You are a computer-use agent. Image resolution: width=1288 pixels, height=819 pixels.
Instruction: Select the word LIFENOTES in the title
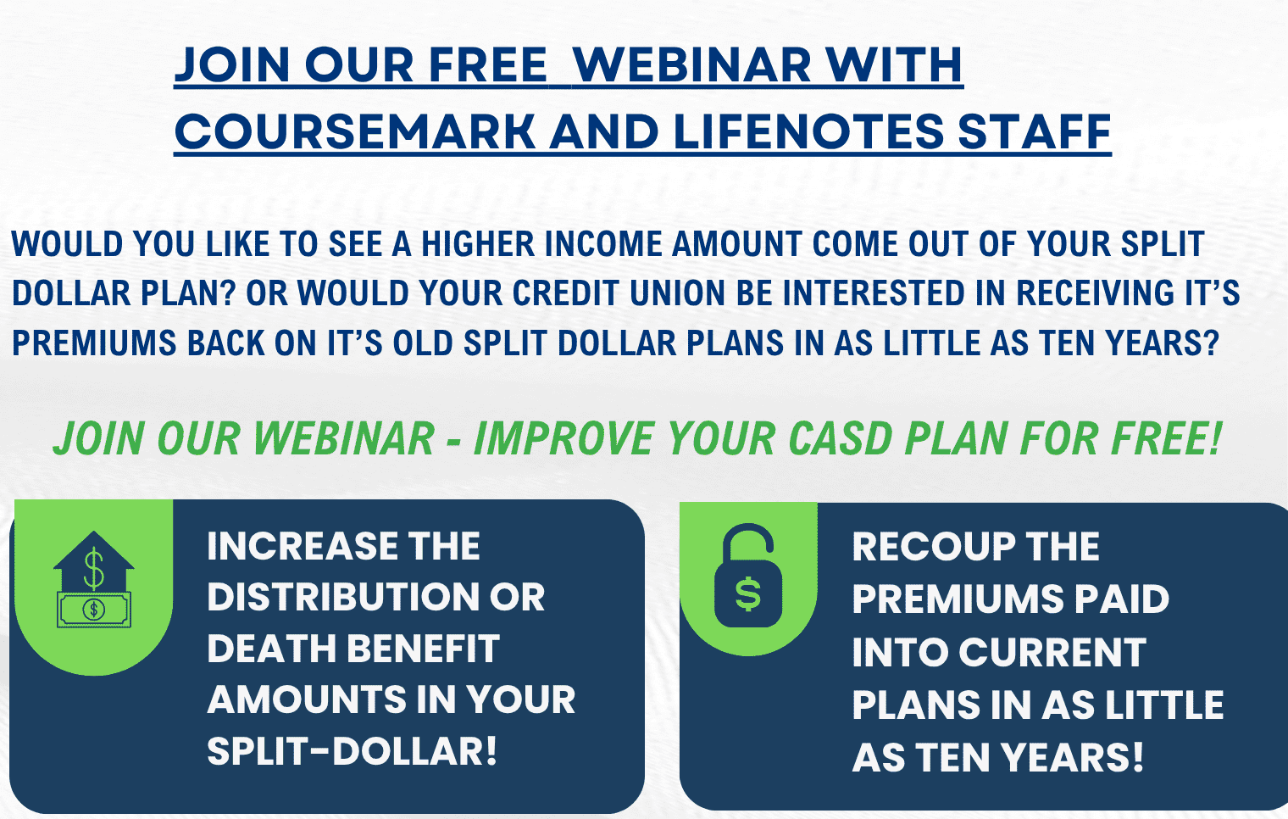tap(808, 131)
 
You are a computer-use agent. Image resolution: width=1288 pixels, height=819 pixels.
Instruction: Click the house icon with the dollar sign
tap(94, 560)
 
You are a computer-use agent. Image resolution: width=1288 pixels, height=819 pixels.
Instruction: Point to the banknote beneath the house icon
tap(94, 610)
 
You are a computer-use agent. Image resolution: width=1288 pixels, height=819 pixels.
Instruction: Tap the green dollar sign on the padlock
tap(748, 594)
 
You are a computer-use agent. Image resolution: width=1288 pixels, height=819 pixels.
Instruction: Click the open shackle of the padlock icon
tap(748, 543)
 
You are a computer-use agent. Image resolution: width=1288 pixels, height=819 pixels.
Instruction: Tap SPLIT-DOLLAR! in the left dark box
tap(352, 750)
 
